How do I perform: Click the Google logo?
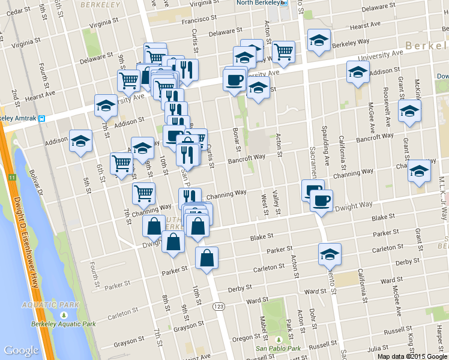22,350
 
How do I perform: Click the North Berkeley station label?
258,3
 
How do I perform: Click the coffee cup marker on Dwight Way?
321,199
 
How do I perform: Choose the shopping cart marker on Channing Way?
143,193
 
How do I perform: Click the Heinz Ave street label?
197,356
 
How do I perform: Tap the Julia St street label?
378,348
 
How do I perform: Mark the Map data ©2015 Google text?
412,356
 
